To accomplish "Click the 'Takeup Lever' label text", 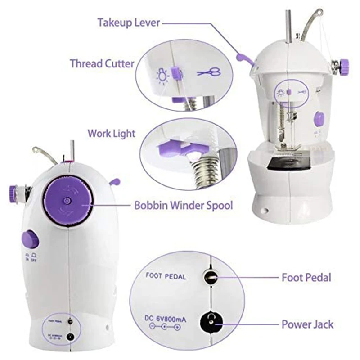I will point(129,22).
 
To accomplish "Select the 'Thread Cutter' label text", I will point(102,63).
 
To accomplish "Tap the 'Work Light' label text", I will point(111,134).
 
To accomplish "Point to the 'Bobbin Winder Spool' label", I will point(184,206).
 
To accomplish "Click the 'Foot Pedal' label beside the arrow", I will point(306,277).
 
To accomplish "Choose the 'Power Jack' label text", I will point(308,324).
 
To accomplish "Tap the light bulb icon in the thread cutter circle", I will point(162,74).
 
